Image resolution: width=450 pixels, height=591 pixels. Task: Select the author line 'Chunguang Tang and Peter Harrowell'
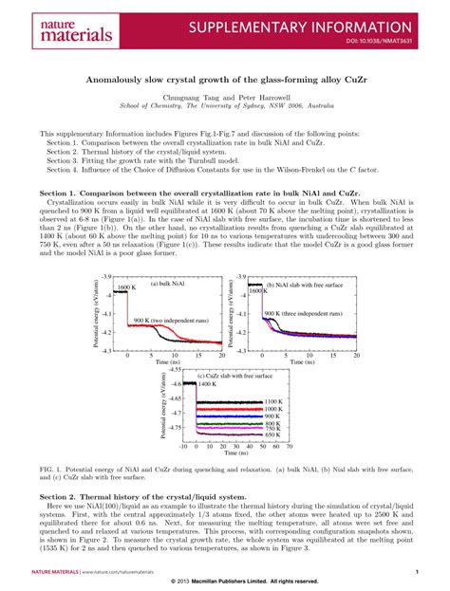coord(225,99)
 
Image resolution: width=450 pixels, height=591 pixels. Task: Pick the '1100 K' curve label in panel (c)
coord(273,402)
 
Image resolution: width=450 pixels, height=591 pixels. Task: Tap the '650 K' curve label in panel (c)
coord(273,434)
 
